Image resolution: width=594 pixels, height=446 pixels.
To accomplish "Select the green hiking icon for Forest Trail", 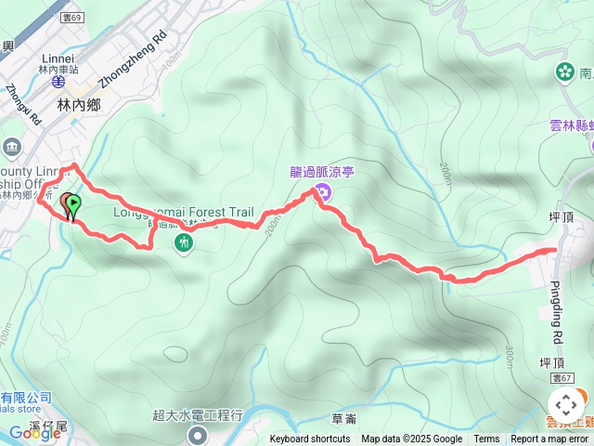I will click(184, 243).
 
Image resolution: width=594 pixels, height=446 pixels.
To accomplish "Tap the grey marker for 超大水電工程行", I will click(198, 435).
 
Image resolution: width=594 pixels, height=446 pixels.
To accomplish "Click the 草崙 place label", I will click(343, 420).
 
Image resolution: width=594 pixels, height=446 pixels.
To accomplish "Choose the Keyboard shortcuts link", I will click(310, 439).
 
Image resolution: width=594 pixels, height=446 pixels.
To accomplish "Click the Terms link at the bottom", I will click(486, 439).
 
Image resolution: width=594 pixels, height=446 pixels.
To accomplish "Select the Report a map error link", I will click(550, 439).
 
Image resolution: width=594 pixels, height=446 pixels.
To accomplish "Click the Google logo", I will click(34, 432).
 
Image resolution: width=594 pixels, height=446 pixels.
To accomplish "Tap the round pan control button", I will click(565, 405).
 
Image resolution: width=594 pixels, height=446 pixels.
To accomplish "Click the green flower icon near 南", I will click(564, 71).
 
